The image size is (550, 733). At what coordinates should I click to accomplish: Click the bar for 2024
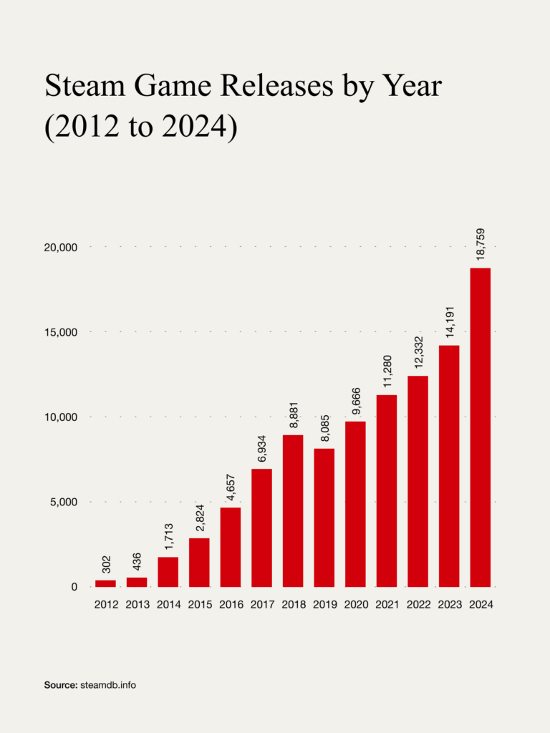[481, 427]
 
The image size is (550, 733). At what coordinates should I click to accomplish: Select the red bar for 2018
[293, 511]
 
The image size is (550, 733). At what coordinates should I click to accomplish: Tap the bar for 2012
[105, 583]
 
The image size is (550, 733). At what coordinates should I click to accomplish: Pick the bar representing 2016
[230, 547]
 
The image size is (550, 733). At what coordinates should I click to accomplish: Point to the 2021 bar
[386, 491]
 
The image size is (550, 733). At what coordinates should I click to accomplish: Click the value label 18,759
[481, 244]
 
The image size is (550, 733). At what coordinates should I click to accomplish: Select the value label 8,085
[324, 428]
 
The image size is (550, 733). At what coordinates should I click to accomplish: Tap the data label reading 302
[106, 564]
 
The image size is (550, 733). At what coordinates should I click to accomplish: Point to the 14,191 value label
[450, 322]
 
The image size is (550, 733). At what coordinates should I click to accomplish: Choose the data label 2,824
[200, 518]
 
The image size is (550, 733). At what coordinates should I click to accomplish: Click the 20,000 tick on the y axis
[60, 247]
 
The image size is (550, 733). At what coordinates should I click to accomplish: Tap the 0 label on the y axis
[74, 587]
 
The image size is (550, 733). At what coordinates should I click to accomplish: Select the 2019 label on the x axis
[324, 604]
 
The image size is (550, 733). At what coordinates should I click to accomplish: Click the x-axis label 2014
[168, 604]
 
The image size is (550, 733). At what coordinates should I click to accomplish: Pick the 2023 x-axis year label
[450, 604]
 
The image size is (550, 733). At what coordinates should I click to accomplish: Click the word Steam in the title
[85, 86]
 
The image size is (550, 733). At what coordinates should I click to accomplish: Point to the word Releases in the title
[276, 86]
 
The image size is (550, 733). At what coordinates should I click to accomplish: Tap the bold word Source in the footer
[61, 685]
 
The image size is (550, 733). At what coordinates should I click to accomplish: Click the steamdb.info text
[108, 685]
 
